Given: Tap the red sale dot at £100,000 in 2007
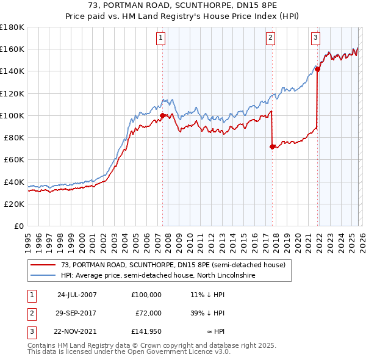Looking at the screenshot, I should [x=162, y=115].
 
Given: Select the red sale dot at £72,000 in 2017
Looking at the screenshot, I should [x=272, y=146].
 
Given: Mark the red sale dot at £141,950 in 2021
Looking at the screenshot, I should [x=318, y=69].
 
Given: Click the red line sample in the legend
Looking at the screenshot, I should [x=43, y=265].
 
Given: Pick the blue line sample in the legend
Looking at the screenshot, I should [x=43, y=276].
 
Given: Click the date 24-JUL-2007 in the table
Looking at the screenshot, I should [x=77, y=294].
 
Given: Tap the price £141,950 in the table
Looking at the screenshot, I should [x=146, y=332].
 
